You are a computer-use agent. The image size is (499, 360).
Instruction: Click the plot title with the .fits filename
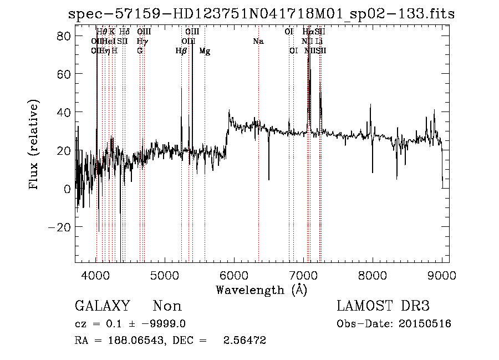tap(261, 14)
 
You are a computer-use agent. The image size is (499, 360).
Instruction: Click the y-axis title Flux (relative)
tap(34, 145)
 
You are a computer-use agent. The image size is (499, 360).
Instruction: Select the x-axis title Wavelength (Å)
tap(261, 290)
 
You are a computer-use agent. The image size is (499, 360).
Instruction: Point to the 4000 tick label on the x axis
tap(96, 275)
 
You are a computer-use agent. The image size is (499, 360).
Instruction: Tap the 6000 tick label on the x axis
tap(234, 275)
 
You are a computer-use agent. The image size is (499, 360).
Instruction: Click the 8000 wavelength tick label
tap(373, 275)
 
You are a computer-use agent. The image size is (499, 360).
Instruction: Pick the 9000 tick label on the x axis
tap(441, 275)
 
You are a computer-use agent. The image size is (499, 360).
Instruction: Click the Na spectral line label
tap(258, 42)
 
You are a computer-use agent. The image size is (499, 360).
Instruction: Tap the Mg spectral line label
tap(205, 52)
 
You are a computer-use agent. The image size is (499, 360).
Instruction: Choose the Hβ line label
tap(181, 51)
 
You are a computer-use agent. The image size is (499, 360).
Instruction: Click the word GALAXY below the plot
tap(102, 306)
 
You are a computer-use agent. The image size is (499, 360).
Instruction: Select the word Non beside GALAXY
tap(167, 306)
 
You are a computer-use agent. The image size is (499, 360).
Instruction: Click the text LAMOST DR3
tap(383, 306)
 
